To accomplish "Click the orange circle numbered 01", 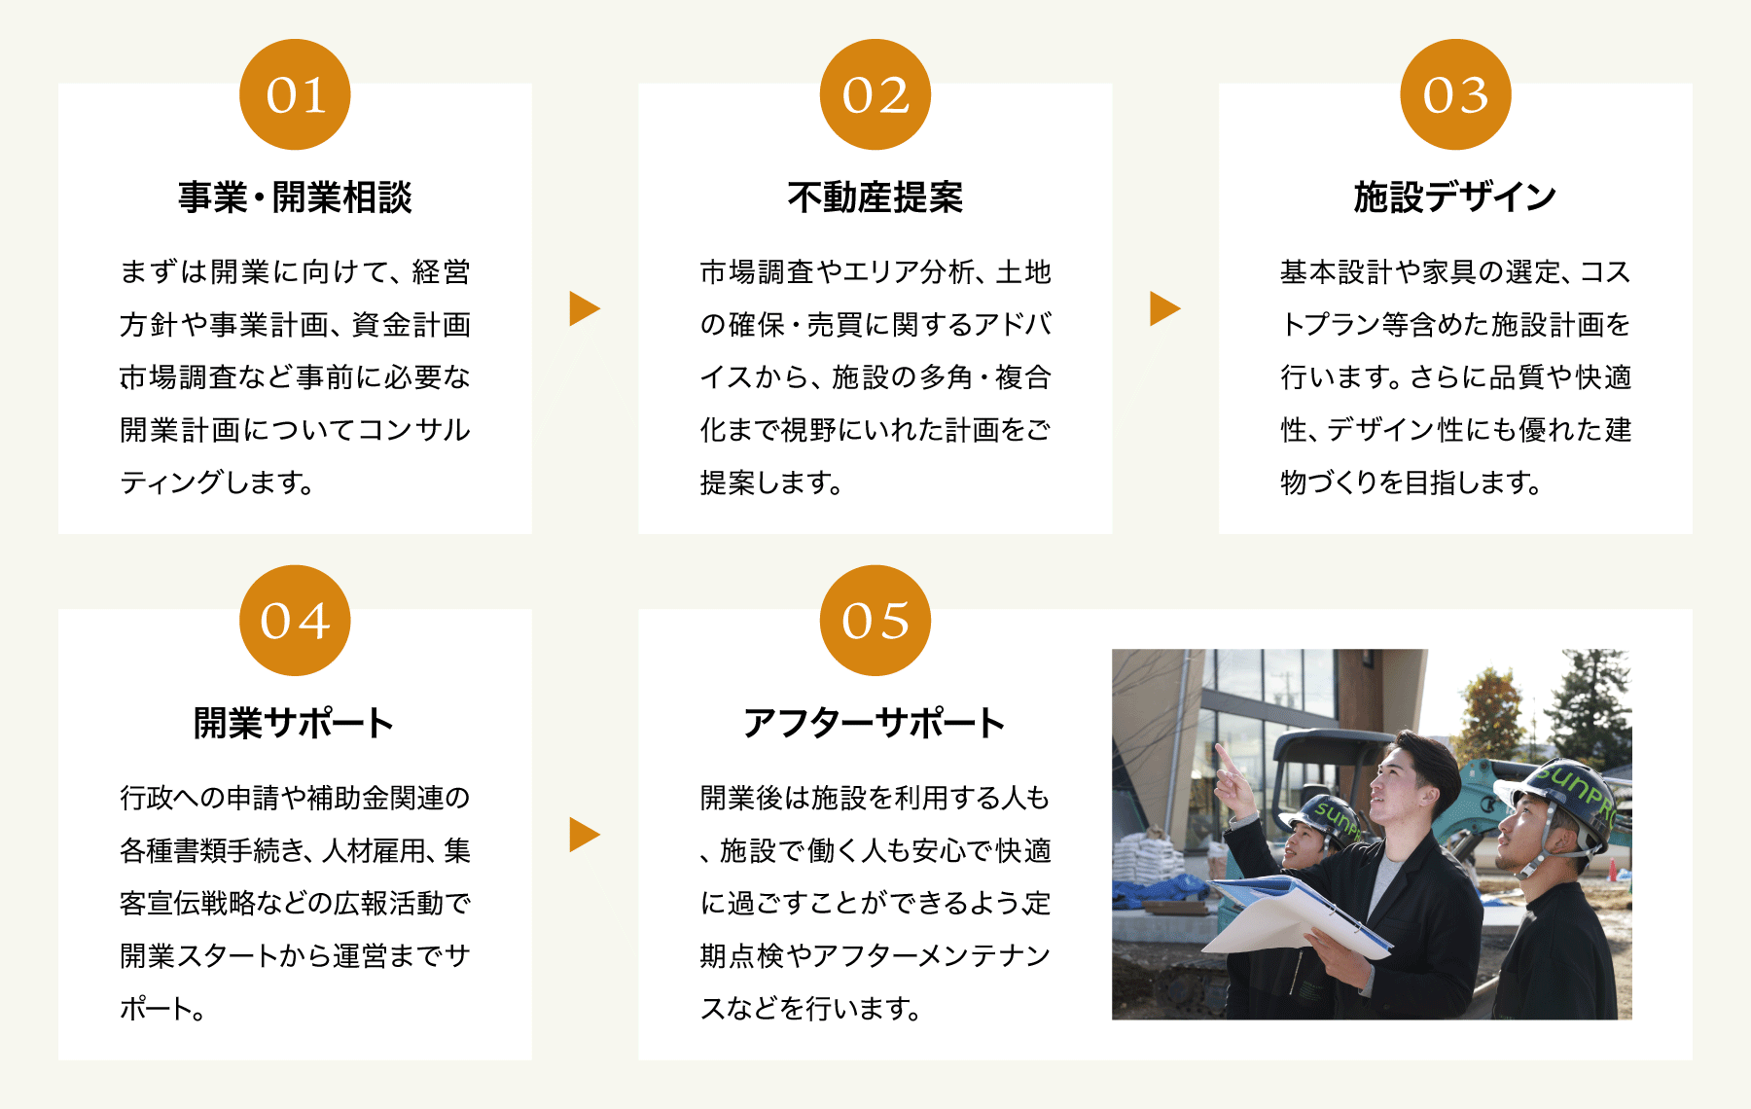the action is (x=295, y=94).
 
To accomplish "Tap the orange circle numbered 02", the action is (x=875, y=94).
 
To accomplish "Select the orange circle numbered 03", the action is (x=1455, y=94).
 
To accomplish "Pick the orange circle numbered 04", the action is (x=295, y=621).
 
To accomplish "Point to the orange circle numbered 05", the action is (x=875, y=621).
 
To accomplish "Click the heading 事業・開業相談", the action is (x=295, y=197).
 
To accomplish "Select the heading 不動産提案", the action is (x=875, y=197).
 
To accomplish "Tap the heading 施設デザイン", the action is (x=1455, y=197).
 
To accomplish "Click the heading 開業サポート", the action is (x=294, y=724).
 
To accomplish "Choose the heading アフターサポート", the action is (x=875, y=724).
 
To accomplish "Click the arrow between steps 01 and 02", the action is (x=584, y=308).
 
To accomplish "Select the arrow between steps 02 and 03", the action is (x=1164, y=308).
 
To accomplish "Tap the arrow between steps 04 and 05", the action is (x=584, y=835).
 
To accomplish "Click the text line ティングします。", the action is (x=217, y=483).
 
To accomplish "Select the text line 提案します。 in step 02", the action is (x=771, y=483).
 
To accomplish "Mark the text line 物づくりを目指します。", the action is (x=1412, y=483).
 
